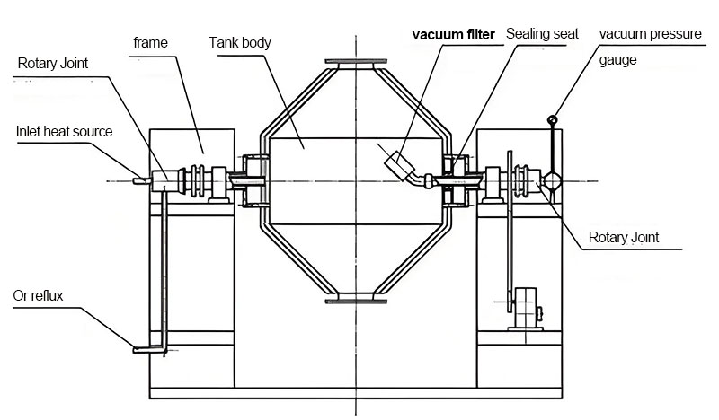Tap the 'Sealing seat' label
(x=542, y=34)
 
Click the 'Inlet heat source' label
(x=64, y=131)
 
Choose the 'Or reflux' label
(x=37, y=295)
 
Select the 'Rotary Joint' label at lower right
(x=623, y=238)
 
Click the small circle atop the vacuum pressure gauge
(x=552, y=119)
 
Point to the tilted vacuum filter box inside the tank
(x=397, y=165)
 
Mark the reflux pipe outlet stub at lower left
(x=144, y=348)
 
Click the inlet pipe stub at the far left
(x=140, y=179)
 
